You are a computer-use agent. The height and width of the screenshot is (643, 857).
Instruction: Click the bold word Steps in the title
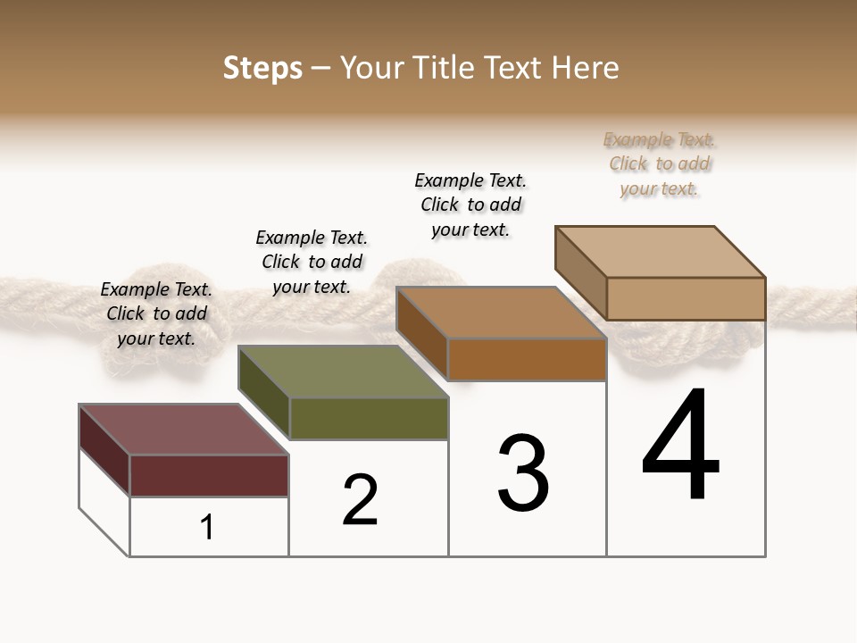262,68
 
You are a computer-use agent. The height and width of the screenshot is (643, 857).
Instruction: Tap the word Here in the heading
586,68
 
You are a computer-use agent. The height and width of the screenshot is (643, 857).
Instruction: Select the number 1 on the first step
207,528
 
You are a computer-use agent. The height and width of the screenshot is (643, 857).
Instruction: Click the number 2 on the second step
361,500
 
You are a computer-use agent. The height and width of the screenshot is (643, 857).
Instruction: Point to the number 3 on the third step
523,473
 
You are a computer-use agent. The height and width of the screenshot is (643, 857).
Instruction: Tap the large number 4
680,446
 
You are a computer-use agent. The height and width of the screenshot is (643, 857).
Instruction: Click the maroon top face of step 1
183,430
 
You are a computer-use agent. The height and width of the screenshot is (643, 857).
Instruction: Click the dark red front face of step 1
209,475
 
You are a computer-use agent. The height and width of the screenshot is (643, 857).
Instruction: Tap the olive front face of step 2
369,418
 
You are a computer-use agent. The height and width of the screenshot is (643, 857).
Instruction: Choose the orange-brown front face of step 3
527,359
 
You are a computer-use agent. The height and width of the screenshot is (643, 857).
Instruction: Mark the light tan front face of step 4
686,298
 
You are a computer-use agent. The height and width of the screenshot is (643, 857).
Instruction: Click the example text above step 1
156,314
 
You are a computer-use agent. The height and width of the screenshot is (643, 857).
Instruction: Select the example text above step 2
312,262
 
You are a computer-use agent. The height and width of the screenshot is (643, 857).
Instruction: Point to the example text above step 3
470,205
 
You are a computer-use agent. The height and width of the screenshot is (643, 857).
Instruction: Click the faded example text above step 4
659,164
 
